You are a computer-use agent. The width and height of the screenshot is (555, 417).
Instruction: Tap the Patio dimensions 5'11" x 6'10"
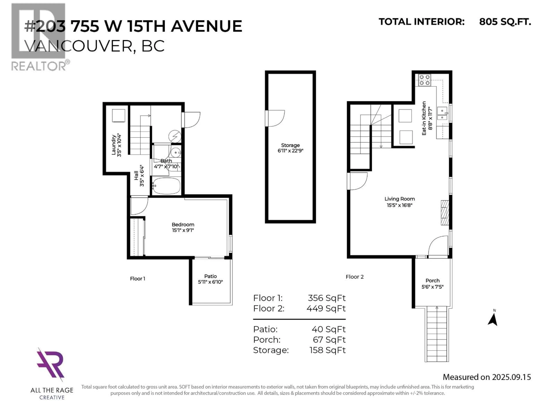point(210,282)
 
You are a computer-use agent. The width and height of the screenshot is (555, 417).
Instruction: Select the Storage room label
point(290,145)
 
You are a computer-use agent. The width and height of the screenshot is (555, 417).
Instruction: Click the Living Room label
point(399,199)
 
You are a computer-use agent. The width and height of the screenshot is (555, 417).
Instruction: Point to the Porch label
point(432,280)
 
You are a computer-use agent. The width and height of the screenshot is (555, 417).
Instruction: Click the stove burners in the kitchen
point(424,80)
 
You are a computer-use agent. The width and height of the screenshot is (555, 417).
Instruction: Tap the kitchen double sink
point(442,114)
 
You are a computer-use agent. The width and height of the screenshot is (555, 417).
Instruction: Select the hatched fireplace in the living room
point(445,212)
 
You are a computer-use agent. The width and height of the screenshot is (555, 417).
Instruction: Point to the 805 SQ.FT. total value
point(505,22)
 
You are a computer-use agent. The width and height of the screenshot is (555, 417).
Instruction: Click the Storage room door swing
point(275,118)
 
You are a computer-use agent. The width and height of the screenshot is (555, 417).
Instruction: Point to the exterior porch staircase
point(437,334)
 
